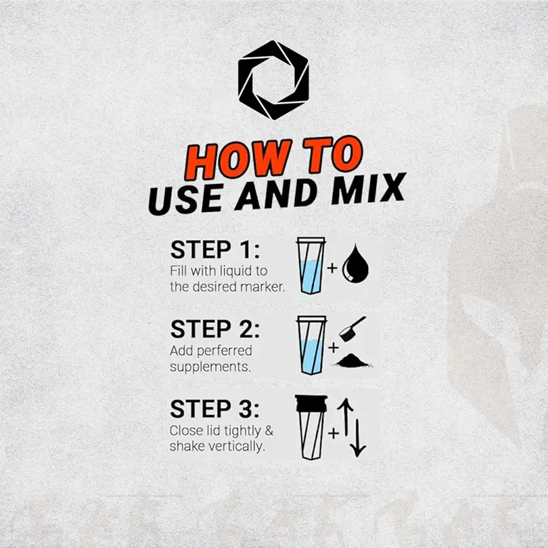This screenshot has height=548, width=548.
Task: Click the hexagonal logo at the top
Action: point(273,80)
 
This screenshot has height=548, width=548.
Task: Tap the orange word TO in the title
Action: point(333,154)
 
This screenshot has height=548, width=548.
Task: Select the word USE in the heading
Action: point(185,199)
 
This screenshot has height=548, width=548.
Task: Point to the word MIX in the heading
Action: point(368,188)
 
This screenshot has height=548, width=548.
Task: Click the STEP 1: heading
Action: point(215,250)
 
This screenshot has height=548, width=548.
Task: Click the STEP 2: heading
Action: point(215,329)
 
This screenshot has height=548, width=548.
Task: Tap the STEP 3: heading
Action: point(215,409)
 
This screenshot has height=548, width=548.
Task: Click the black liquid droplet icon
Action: point(355,263)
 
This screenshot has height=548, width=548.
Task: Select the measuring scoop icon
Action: point(352,329)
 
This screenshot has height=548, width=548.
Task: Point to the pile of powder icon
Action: point(352,361)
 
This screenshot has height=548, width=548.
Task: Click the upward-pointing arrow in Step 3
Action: point(346,417)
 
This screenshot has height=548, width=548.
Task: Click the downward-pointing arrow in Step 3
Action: point(358,438)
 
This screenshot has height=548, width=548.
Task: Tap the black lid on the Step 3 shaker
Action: point(311,403)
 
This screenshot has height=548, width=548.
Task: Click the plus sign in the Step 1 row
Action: point(332,268)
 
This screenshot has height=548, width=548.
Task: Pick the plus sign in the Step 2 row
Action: point(334,347)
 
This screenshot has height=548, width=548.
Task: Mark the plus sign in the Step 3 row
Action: point(334,434)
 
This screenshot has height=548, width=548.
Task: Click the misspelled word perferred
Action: point(225,351)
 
